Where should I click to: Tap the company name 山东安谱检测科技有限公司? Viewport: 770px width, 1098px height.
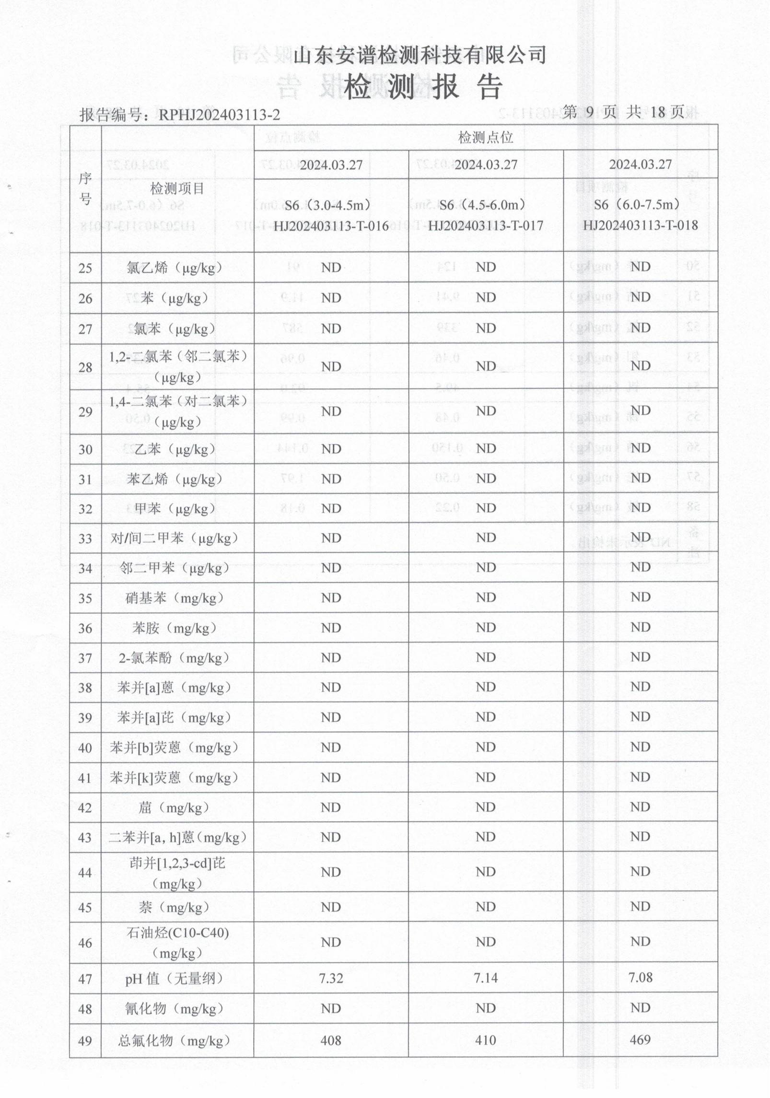tap(420, 55)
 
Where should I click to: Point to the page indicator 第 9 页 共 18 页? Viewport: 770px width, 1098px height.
tap(623, 112)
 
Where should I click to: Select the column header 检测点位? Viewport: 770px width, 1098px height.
tap(486, 138)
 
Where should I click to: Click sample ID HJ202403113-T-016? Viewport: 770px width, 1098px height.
tap(331, 226)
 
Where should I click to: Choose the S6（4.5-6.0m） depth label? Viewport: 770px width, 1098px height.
tap(486, 205)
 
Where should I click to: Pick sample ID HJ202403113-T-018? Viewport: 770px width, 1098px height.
tap(640, 225)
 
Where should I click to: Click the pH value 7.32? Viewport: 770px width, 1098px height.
tap(331, 978)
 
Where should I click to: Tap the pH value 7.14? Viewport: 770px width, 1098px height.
tap(486, 978)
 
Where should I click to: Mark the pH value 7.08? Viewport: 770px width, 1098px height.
tap(640, 978)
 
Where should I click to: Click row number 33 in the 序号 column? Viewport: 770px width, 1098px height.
tap(85, 539)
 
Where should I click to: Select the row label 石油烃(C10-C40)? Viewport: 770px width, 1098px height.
tap(177, 933)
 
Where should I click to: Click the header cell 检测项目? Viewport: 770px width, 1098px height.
tap(177, 188)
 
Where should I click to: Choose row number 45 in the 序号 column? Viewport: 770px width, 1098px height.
tap(85, 908)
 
